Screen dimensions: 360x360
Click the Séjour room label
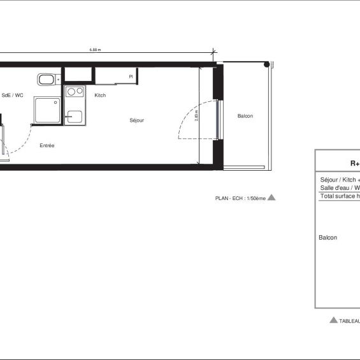pos(136,120)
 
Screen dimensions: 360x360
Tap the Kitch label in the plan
pos(100,96)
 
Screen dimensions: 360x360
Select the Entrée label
pos(47,146)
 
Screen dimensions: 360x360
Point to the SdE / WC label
pos(13,96)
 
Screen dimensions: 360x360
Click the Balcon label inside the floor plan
pos(245,116)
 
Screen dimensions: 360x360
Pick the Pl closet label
pos(131,76)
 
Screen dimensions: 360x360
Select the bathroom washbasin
pos(46,80)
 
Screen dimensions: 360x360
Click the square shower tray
pos(47,112)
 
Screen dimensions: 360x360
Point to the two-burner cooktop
pos(75,92)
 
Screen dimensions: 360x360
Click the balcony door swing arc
pos(189,118)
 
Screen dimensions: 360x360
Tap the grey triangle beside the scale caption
pos(271,198)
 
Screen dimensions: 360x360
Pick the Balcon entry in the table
pos(328,238)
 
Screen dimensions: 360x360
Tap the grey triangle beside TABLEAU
pos(333,320)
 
